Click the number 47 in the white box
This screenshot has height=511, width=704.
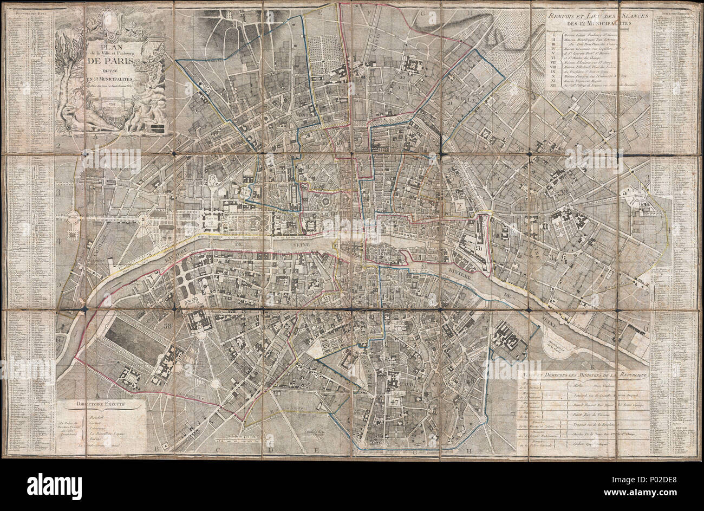point(394,402)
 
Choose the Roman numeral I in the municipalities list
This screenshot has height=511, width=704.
point(551,33)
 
